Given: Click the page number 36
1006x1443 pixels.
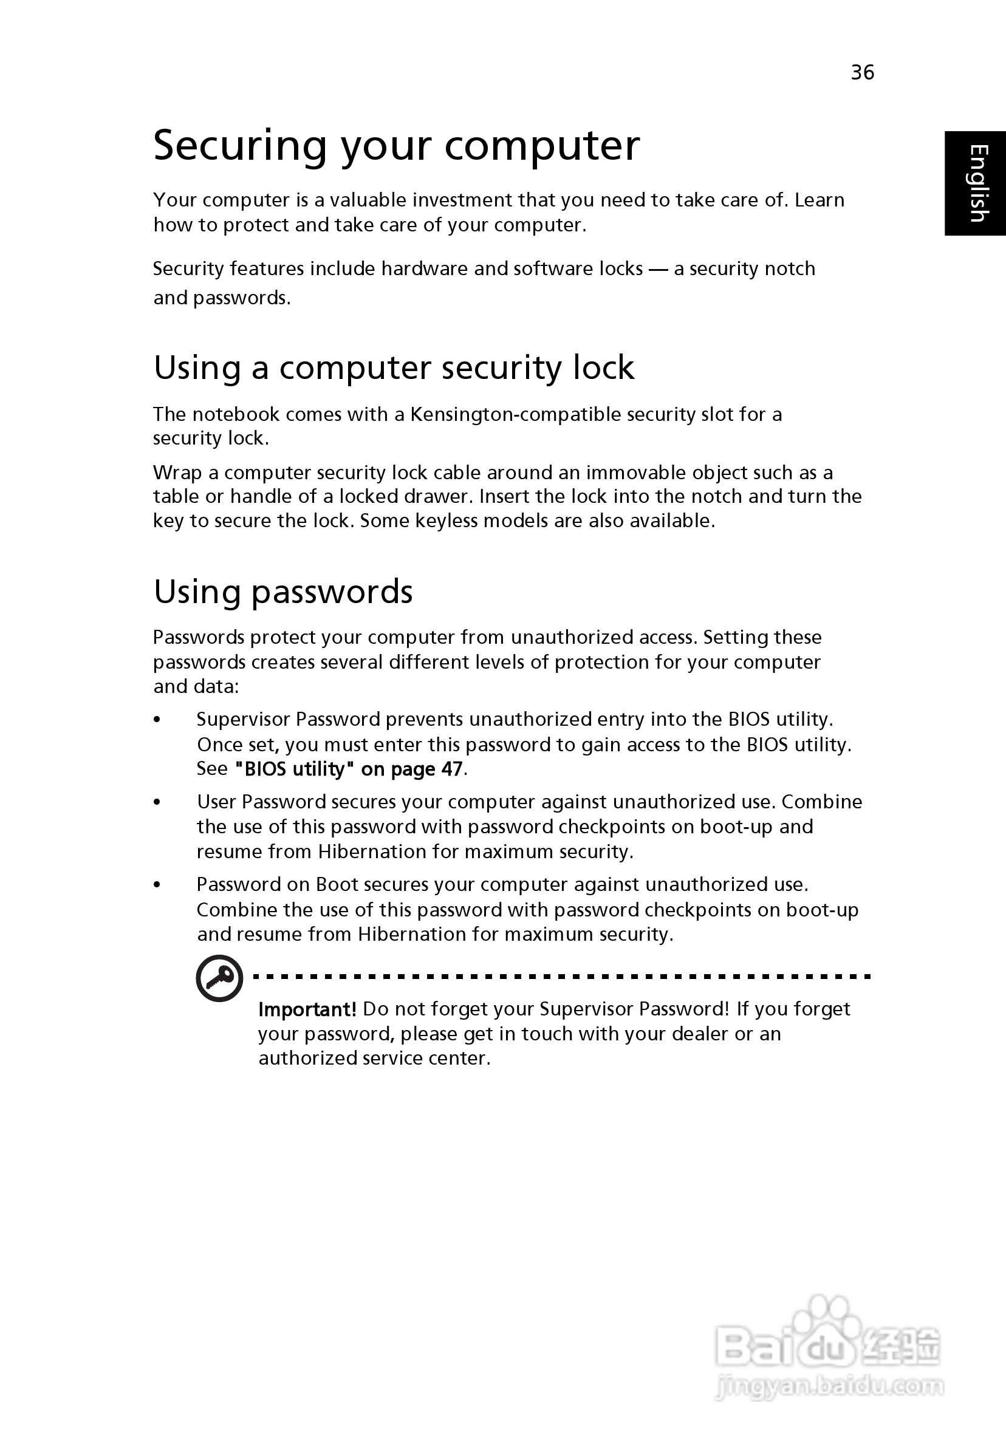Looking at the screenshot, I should point(862,72).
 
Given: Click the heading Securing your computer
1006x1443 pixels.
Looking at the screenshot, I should point(396,146).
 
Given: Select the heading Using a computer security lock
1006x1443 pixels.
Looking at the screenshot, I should point(394,367).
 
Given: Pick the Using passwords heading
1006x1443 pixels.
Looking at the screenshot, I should point(283,592).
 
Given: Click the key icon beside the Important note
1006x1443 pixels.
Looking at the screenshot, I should point(219,978).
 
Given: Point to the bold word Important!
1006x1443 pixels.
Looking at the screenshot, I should point(307,1009).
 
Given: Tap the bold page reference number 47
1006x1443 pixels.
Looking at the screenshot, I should point(451,769).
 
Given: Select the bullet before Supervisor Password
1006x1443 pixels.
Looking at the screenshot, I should point(157,720).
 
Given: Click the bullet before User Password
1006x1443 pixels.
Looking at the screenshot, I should point(157,802).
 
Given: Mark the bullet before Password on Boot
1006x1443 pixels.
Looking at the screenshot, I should point(157,885).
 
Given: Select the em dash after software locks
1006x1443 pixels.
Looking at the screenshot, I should point(659,269).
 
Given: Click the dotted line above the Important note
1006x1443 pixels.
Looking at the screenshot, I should point(561,977).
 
